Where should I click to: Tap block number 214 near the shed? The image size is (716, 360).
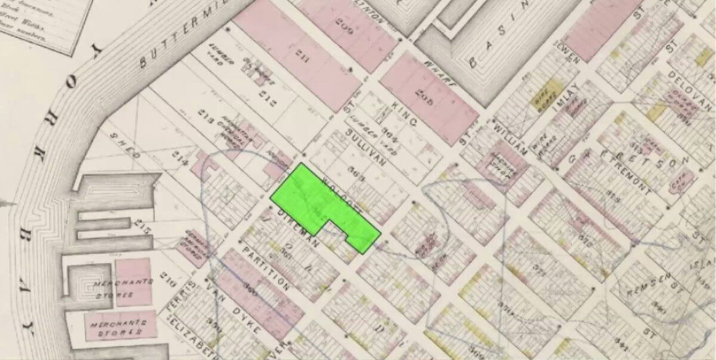182,161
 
